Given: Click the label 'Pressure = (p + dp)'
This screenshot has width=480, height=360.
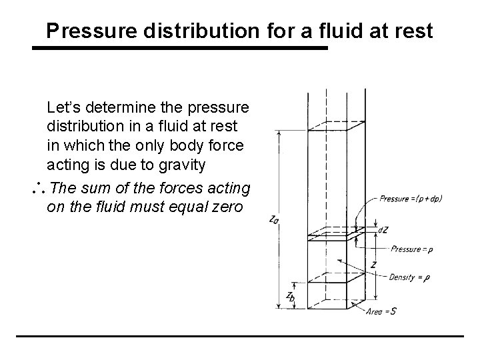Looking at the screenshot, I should pos(411,198).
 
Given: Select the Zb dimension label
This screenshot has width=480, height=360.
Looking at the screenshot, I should pos(291,296).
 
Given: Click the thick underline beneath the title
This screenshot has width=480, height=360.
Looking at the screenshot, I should pos(181,49).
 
